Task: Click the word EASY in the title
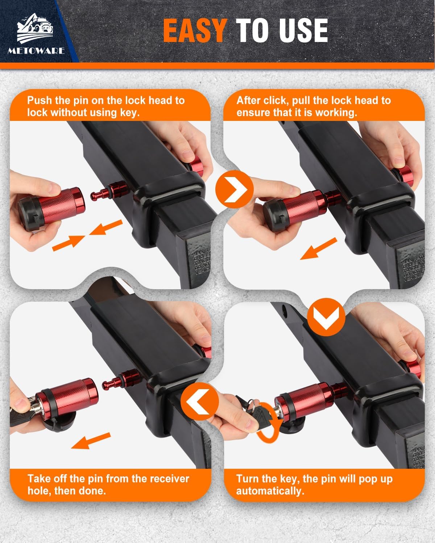point(195,30)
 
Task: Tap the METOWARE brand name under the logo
point(36,51)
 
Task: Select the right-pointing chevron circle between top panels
point(234,189)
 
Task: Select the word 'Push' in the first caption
point(40,101)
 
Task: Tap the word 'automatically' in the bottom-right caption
point(270,491)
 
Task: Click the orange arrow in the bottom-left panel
point(91,441)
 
